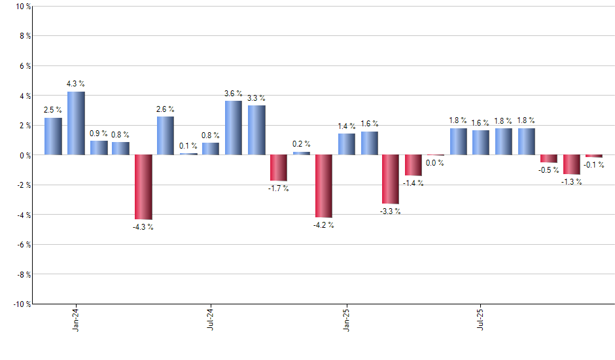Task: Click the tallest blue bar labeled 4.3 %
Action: coord(76,123)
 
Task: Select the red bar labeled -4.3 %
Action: coord(143,187)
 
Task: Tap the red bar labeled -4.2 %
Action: coord(324,186)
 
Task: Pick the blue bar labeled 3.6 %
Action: coord(234,128)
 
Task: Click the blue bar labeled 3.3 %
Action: coord(256,130)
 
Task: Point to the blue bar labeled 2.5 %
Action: coord(53,136)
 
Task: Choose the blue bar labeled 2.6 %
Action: coord(166,135)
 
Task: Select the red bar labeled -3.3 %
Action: coord(391,179)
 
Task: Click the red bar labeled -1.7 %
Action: coord(279,168)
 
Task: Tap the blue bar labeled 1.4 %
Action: coord(347,144)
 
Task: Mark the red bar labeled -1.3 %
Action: coord(572,164)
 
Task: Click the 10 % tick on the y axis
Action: coord(23,7)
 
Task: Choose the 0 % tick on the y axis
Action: coord(25,155)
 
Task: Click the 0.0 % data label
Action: coord(435,163)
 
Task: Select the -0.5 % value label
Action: coord(549,170)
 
